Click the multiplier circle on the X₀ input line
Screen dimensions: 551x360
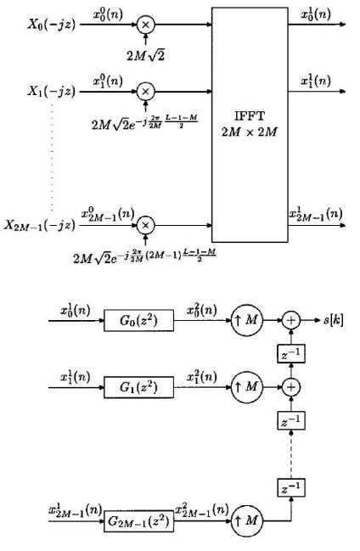(146, 25)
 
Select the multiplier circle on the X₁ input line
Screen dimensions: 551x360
(146, 91)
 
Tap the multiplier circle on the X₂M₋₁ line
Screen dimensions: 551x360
(146, 225)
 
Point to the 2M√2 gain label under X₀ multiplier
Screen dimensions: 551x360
(146, 56)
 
